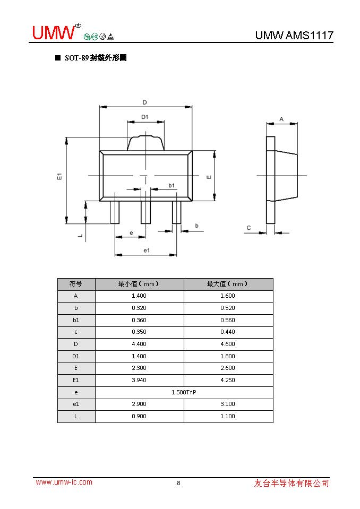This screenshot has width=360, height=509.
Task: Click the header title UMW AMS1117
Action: (x=294, y=36)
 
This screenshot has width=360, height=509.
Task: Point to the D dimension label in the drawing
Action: (x=144, y=102)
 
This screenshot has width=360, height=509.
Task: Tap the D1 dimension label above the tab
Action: (x=144, y=117)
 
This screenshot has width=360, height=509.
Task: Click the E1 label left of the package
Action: (x=60, y=176)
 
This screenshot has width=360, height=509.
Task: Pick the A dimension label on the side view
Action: (x=281, y=119)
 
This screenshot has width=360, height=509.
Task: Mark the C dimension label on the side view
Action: (x=248, y=228)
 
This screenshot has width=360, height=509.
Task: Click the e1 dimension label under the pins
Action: (x=147, y=250)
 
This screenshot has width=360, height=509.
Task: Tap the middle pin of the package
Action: (x=145, y=212)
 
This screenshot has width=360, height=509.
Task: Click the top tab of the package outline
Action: (x=145, y=143)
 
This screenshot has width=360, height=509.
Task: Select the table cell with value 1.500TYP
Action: (x=184, y=392)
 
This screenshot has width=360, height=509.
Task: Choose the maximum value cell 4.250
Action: (x=228, y=380)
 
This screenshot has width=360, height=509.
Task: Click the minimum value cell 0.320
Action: (x=139, y=308)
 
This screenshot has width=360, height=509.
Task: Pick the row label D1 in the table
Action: (x=76, y=356)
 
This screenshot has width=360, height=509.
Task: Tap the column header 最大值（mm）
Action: (x=228, y=284)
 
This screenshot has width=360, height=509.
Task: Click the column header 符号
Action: (x=76, y=284)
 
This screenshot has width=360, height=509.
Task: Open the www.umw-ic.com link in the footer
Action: (x=64, y=482)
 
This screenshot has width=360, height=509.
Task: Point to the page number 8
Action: (x=178, y=483)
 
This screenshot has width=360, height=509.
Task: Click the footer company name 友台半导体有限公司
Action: (x=292, y=483)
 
